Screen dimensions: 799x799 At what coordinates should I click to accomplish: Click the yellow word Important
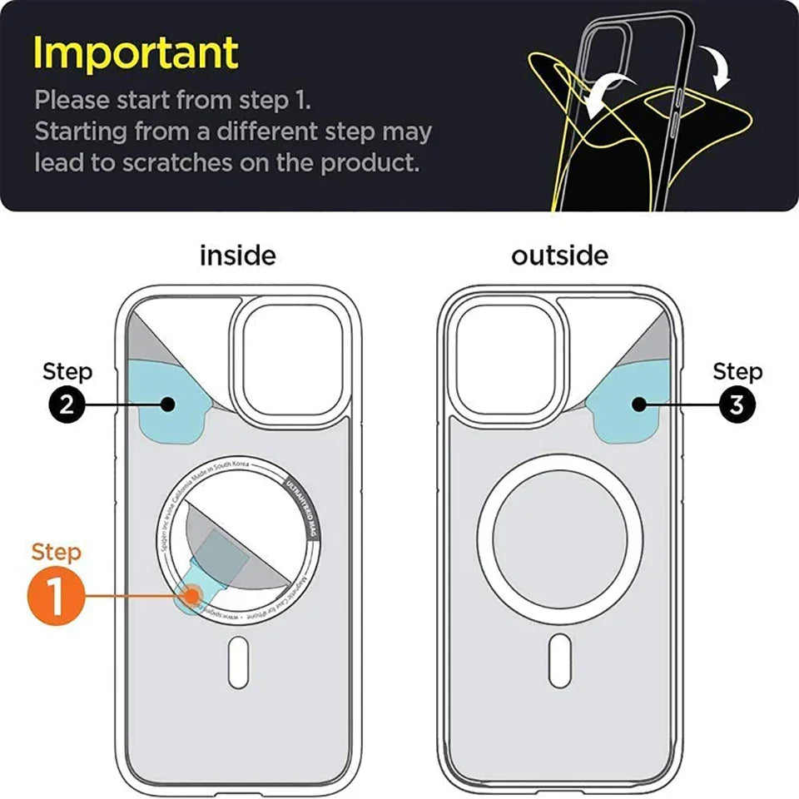(x=136, y=53)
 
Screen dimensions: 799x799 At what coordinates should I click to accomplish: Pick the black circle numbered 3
(x=736, y=404)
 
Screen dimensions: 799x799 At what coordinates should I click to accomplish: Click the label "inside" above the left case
(x=237, y=256)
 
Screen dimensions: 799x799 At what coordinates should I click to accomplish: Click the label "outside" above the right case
(x=559, y=256)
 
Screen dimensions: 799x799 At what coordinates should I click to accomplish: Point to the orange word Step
(x=57, y=552)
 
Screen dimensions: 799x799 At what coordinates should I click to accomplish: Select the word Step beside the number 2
(x=67, y=372)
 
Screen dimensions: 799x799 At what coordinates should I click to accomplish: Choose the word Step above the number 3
(x=737, y=372)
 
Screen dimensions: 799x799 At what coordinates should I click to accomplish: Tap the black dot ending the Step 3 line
(x=639, y=404)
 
